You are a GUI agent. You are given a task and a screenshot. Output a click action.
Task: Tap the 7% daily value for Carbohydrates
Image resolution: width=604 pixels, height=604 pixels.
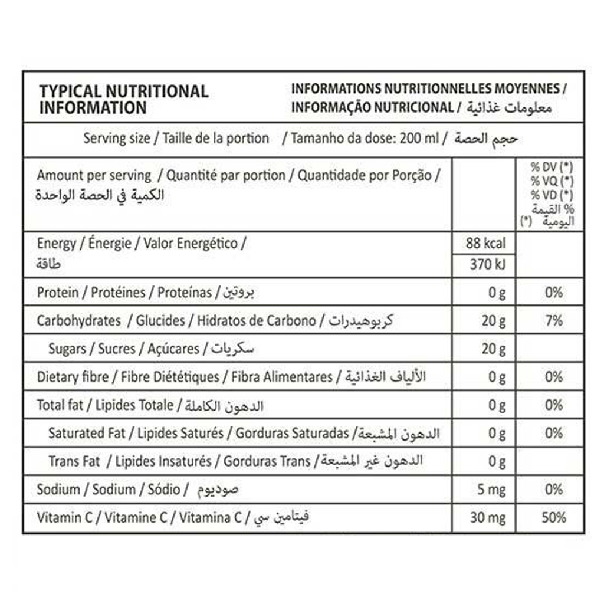554,321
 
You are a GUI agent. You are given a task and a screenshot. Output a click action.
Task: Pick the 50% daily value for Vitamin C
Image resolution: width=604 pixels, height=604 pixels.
553,518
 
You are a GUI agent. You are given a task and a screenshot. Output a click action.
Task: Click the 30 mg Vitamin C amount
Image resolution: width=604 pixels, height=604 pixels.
488,518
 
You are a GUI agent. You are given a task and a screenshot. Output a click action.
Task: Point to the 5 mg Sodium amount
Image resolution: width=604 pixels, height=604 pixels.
492,490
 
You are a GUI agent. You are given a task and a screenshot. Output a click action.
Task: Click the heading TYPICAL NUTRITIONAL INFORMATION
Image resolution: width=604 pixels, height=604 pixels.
123,99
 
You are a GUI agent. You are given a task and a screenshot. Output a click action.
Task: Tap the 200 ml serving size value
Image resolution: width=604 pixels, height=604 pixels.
419,139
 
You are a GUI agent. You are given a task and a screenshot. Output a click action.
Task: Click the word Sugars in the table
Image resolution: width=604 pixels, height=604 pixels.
67,349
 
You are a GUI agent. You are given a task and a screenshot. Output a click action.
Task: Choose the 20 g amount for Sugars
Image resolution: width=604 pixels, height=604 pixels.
494,349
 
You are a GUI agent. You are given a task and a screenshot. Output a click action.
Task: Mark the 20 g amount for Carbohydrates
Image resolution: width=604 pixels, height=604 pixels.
494,321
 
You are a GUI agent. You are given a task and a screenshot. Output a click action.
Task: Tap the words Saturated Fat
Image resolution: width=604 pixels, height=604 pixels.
87,434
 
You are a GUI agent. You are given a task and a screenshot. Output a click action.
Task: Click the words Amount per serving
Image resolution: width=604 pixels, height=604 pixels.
94,175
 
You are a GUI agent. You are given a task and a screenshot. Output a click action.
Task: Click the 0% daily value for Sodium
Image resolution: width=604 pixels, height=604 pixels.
554,490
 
